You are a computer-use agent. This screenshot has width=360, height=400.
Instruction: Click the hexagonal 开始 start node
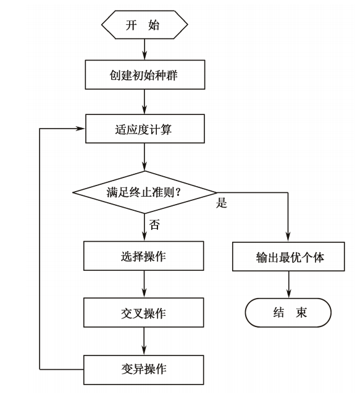144,25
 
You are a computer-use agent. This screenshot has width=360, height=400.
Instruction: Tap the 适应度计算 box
144,130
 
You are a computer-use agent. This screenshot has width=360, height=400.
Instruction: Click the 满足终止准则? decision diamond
144,192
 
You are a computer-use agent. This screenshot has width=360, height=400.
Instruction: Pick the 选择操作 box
144,256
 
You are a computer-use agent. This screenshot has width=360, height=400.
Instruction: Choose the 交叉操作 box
144,313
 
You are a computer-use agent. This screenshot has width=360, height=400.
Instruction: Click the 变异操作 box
144,370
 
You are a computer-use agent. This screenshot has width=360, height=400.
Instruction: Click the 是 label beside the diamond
222,203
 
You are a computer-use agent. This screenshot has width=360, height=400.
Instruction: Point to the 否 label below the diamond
154,224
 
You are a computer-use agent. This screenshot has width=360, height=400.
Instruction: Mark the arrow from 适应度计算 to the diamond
144,157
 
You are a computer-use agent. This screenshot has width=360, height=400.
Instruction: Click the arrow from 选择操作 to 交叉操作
144,284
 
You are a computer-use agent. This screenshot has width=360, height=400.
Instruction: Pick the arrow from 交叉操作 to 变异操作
144,341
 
